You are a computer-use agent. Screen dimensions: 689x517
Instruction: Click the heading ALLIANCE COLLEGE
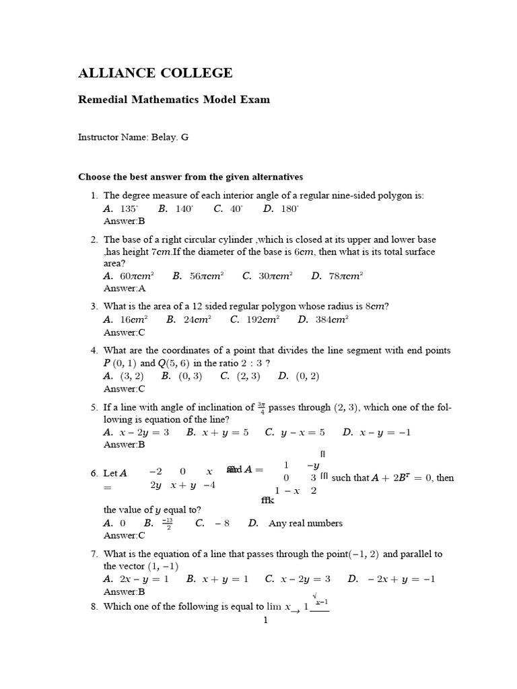(x=156, y=73)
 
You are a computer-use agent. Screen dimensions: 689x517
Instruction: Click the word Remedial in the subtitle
(x=106, y=100)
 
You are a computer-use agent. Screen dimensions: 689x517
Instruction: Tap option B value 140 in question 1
(x=184, y=209)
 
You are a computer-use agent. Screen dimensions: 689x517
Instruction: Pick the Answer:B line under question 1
(x=125, y=221)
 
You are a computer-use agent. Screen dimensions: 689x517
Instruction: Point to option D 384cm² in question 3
(x=331, y=320)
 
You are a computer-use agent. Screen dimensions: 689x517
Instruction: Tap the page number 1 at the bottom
(x=266, y=620)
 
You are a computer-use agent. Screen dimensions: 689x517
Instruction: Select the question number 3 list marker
(x=94, y=307)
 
